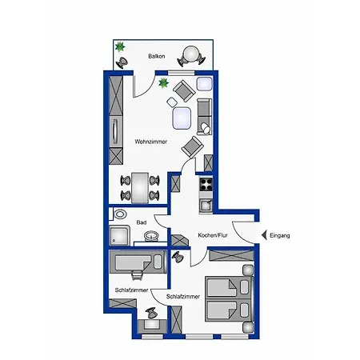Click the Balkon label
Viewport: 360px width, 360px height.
tap(157, 56)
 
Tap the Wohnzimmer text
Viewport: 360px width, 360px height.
tap(151, 142)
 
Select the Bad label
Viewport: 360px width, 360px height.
tap(142, 222)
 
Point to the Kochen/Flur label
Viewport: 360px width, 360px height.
tap(213, 235)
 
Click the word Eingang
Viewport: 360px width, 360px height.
tap(280, 235)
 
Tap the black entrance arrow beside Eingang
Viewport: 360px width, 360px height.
tap(264, 235)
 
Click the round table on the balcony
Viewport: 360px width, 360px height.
tap(191, 54)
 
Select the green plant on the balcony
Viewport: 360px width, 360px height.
tap(120, 47)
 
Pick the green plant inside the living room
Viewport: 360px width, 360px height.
tap(163, 83)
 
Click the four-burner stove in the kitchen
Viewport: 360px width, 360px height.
tap(206, 185)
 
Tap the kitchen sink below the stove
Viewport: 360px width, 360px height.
tap(206, 206)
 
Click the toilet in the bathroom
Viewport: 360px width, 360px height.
tap(120, 214)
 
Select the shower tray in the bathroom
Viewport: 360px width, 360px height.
tap(119, 235)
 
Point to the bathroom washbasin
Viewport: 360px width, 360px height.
tap(151, 236)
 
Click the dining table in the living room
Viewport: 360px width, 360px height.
tap(140, 188)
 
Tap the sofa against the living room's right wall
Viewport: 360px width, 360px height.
tap(205, 117)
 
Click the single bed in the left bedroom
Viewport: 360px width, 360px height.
tap(138, 262)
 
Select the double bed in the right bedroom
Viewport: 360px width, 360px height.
tap(229, 298)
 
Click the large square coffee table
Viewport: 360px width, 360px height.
tap(182, 118)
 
